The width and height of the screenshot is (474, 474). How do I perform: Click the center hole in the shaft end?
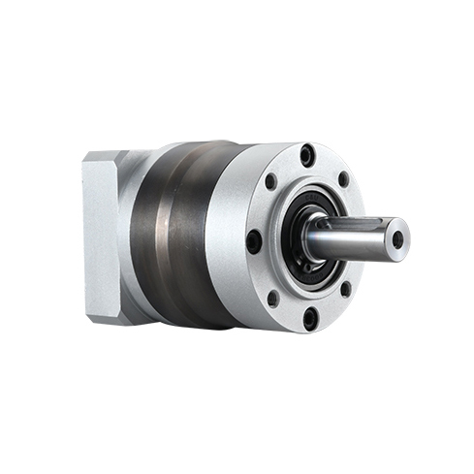click(x=397, y=239)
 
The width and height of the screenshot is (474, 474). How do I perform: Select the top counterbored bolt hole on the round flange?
click(x=307, y=155)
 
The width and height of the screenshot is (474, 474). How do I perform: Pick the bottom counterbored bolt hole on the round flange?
click(x=308, y=316)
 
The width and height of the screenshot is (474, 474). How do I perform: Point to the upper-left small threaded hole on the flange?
click(x=270, y=181)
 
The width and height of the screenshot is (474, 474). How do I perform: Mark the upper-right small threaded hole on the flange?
click(x=345, y=180)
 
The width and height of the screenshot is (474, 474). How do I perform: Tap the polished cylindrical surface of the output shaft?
click(x=349, y=242)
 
